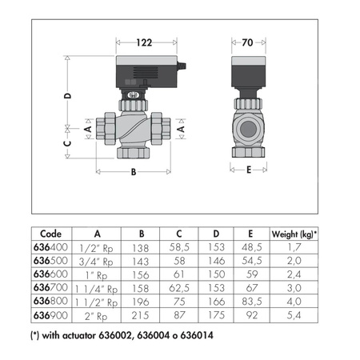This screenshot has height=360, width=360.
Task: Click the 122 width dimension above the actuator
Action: click(144, 42)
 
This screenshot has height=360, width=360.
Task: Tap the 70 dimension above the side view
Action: click(247, 42)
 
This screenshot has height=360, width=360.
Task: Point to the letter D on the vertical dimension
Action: click(68, 96)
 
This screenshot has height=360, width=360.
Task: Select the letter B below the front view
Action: click(134, 172)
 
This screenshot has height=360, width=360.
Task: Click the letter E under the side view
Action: click(249, 170)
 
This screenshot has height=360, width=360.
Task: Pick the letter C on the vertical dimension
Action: click(68, 143)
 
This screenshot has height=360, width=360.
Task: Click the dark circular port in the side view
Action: click(248, 129)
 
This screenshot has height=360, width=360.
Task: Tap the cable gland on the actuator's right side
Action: click(182, 66)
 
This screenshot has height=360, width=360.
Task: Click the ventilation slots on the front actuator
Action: click(146, 72)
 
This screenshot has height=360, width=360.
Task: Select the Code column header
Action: click(50, 234)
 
